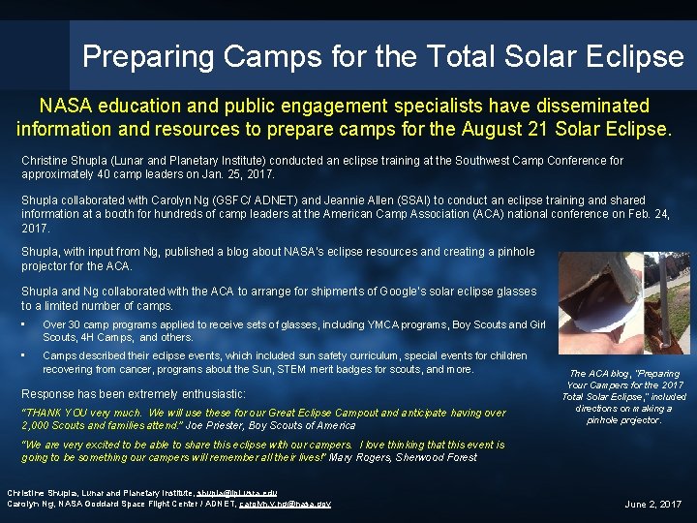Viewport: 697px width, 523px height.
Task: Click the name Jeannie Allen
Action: coord(367,200)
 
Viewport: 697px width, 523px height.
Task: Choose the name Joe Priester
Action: coord(209,425)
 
